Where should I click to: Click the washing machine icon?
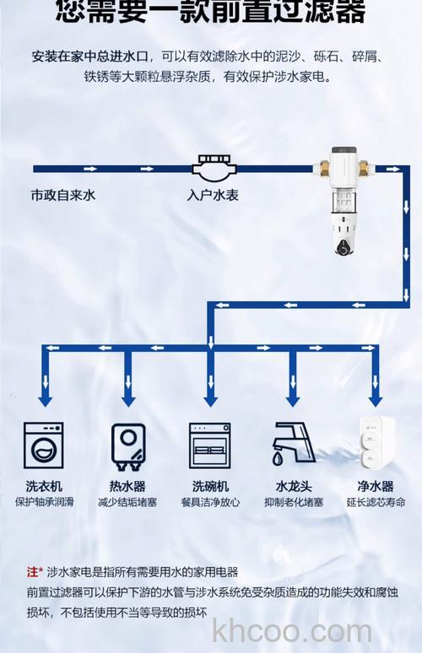point(45,446)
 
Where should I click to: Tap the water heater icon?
point(127,446)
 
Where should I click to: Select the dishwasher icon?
point(209,446)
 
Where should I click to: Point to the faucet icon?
point(291,446)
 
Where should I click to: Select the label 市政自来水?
point(63,195)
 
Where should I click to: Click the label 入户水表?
point(212,195)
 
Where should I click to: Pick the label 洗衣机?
point(45,487)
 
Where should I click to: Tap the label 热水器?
point(127,487)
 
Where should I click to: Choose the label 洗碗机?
point(209,487)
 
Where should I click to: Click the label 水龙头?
point(292,487)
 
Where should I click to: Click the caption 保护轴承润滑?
point(45,502)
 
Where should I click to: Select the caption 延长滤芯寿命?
point(376,502)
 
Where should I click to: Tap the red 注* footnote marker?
point(35,572)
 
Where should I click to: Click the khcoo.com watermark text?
point(292,630)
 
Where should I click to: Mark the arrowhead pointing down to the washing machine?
point(45,397)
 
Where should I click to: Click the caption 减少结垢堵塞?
point(127,502)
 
